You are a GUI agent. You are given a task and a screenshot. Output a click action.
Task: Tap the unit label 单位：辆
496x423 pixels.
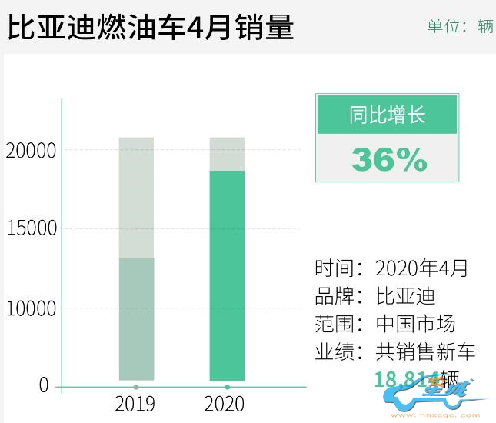tap(460, 26)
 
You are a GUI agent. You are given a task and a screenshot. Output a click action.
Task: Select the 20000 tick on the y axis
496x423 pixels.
tap(31, 150)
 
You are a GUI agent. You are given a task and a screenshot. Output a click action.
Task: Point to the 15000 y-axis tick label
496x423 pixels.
tap(31, 228)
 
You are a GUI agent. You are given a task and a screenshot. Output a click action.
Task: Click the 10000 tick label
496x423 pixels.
tap(31, 308)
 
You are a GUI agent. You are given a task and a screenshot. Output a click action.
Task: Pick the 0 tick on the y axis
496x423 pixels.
tap(44, 385)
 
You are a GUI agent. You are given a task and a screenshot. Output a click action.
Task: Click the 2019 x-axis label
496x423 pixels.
tap(135, 404)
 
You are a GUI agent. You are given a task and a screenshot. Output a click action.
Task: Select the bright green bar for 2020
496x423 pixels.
tap(228, 275)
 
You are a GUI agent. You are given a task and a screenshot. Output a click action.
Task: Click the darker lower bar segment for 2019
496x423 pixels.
tap(136, 318)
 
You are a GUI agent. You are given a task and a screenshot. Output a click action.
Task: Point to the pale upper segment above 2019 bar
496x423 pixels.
tap(136, 198)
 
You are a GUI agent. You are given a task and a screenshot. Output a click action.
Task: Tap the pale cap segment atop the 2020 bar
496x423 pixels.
tap(228, 154)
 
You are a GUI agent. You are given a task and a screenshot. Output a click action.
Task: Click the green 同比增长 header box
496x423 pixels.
tap(387, 115)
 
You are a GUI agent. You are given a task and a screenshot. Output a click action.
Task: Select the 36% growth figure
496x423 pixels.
tap(388, 159)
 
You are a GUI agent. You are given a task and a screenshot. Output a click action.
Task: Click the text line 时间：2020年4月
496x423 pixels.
tap(391, 268)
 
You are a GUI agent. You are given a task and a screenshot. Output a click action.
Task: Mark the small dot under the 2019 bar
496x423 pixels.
tap(136, 386)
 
